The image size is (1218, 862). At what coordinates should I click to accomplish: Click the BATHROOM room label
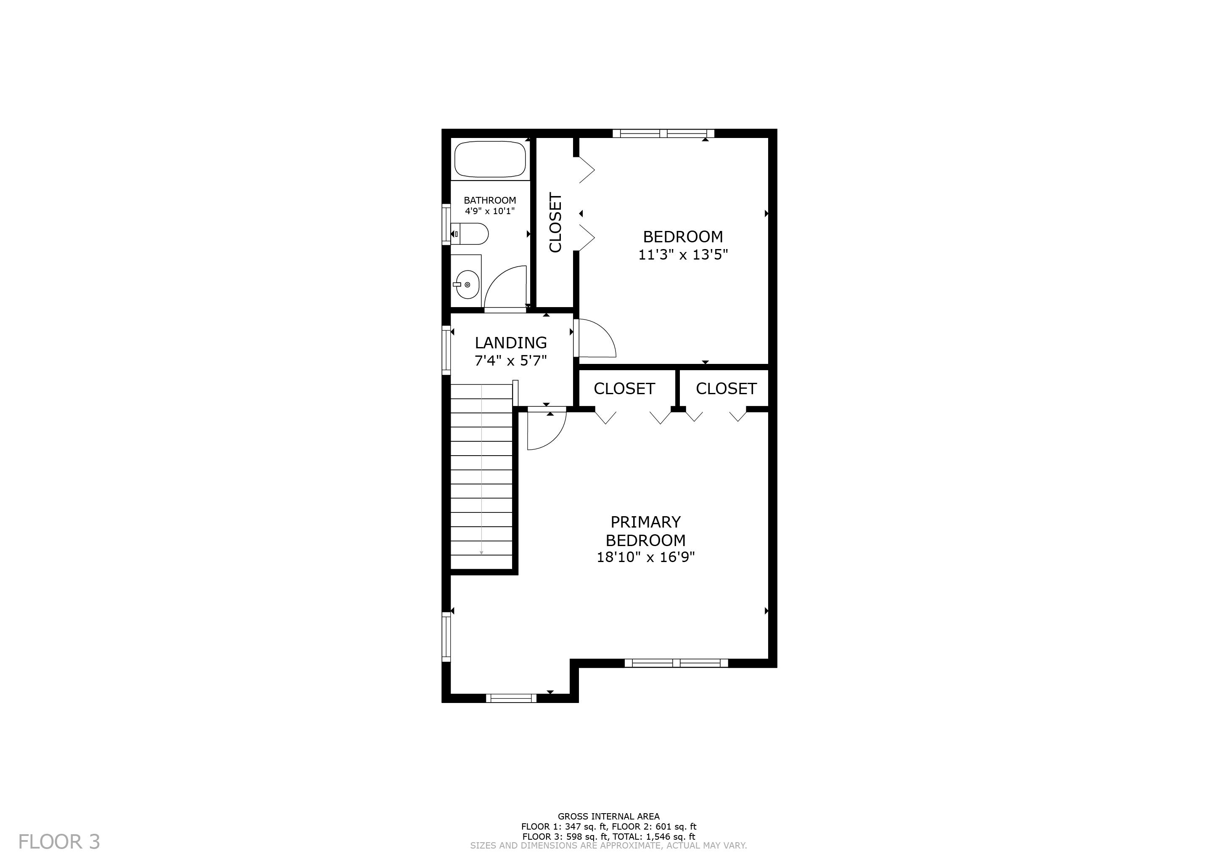(490, 200)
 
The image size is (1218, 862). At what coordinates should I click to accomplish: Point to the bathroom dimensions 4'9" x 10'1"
(490, 211)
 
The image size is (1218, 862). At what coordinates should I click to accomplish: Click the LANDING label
(510, 343)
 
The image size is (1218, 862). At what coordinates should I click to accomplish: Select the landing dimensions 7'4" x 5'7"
(510, 361)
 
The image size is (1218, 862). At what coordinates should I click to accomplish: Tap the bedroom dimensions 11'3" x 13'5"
(683, 255)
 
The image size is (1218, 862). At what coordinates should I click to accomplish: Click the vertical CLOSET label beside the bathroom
(555, 223)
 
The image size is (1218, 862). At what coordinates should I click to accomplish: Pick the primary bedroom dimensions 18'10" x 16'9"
(646, 557)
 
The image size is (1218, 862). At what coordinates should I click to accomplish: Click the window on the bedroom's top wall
(663, 134)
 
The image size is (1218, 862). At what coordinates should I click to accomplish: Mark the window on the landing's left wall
(446, 350)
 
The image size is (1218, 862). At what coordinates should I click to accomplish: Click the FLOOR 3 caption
(59, 842)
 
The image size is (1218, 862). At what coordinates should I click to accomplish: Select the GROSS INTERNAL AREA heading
(608, 816)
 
